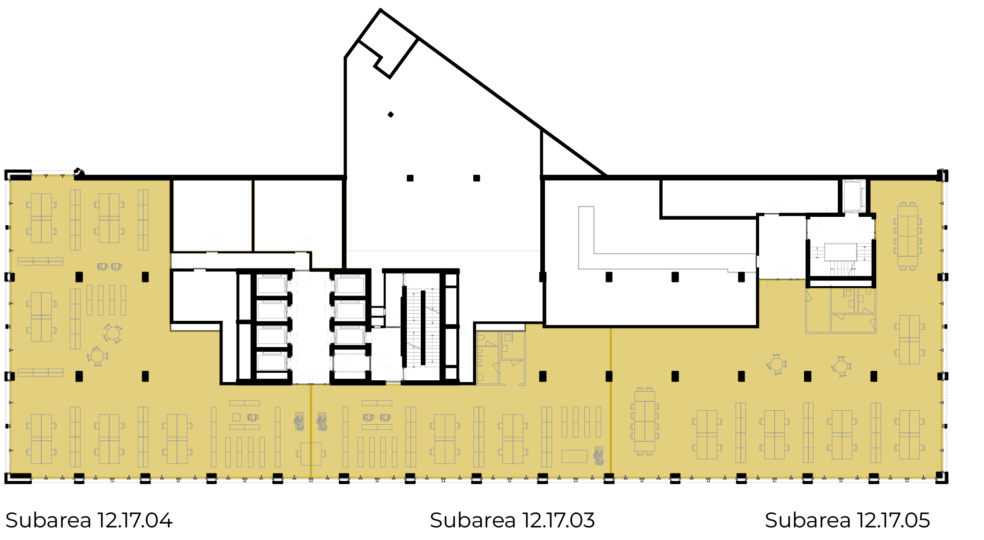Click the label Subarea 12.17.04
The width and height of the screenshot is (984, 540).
tap(89, 520)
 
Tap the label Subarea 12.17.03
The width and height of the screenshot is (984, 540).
tap(512, 520)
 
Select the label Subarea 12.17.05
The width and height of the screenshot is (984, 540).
tap(847, 520)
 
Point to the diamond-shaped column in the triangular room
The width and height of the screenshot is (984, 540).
tap(390, 114)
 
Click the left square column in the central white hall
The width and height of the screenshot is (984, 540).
tap(410, 178)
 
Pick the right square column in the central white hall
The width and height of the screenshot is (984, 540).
tap(477, 178)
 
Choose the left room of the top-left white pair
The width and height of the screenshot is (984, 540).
tap(212, 215)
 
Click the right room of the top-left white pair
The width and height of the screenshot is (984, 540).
tap(298, 215)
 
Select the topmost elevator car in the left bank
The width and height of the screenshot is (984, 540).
tap(271, 285)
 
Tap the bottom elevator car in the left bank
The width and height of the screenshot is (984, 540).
tap(271, 362)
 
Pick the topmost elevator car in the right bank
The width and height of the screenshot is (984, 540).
tap(350, 285)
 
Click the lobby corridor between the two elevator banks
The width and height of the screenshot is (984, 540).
tap(310, 328)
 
